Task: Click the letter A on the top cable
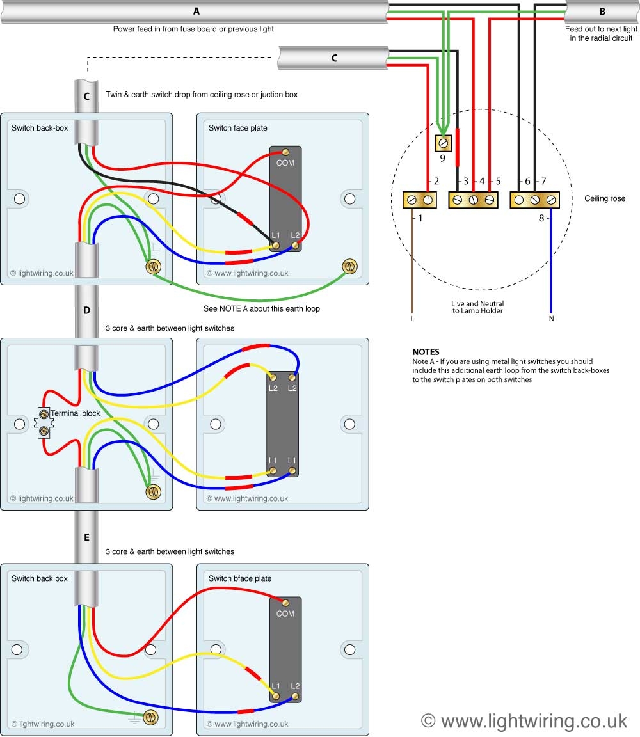[x=196, y=11]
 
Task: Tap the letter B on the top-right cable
[x=602, y=12]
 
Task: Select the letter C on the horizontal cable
[x=334, y=58]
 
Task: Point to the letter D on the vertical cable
[x=86, y=310]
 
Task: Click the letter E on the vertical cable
[x=86, y=537]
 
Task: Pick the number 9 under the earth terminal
[x=442, y=158]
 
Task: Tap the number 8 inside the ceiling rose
[x=541, y=218]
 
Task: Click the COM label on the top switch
[x=285, y=163]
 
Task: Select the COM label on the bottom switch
[x=285, y=614]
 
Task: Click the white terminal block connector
[x=44, y=423]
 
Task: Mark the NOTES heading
[x=426, y=352]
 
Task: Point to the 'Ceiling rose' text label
[x=605, y=199]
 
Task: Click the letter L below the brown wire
[x=412, y=318]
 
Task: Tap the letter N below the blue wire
[x=551, y=318]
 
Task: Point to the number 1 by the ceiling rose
[x=420, y=218]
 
